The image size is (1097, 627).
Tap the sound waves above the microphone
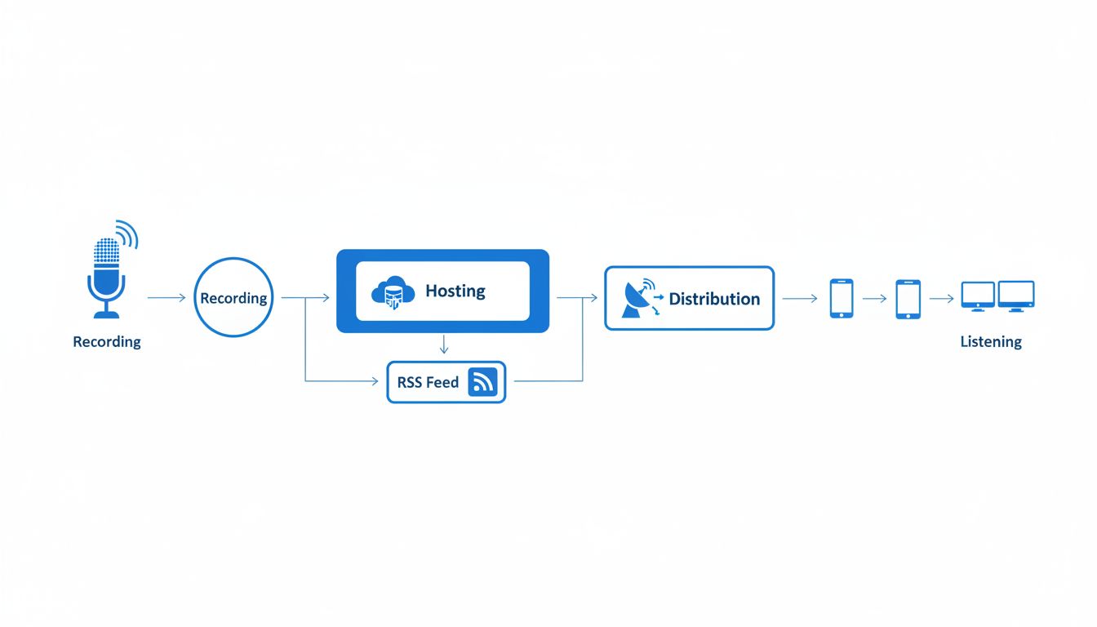coord(127,233)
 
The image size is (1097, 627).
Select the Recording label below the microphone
coord(107,342)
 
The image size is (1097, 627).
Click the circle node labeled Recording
coord(233,298)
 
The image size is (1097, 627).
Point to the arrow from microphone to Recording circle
coord(167,298)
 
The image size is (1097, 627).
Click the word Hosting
coord(455,291)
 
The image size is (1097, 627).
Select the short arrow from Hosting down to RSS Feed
coord(444,344)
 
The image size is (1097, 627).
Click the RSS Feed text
coord(428,382)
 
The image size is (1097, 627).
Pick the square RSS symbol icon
coord(482,382)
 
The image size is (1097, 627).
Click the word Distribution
coord(714,299)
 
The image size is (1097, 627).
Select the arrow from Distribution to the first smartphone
coord(800,299)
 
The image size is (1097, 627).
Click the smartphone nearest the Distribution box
coord(842,299)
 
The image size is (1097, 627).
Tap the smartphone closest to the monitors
coord(908,299)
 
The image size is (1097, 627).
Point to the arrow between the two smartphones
coord(874,299)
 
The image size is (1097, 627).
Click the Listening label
coord(991,342)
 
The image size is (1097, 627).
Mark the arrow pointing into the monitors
coord(942,299)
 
